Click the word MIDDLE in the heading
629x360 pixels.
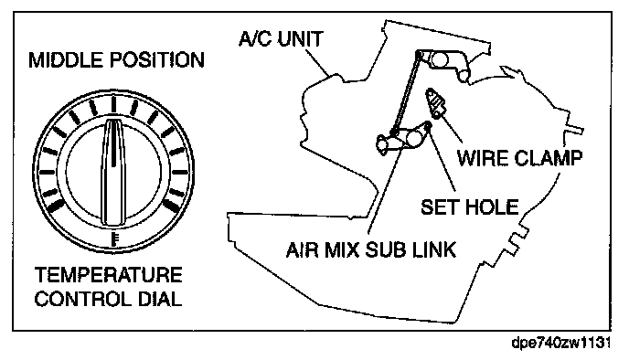coord(66,60)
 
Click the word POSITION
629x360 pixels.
coord(157,60)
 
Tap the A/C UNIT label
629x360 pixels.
coord(281,39)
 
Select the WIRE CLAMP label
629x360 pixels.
coord(520,158)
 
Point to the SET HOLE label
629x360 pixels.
coord(470,206)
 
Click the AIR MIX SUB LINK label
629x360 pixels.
coord(371,249)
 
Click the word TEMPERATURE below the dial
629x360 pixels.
coord(108,275)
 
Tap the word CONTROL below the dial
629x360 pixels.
coord(82,300)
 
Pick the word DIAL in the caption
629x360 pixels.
coord(160,300)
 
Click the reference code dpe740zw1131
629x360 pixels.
coord(561,344)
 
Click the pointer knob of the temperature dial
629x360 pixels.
coord(113,172)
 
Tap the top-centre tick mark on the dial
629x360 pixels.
coord(113,105)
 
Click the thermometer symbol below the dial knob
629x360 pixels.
coord(114,238)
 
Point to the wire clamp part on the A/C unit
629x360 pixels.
coord(436,102)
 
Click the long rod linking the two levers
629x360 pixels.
coord(406,93)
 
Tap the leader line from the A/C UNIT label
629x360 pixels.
coord(316,62)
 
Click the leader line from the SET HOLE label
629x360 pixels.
coord(442,160)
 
